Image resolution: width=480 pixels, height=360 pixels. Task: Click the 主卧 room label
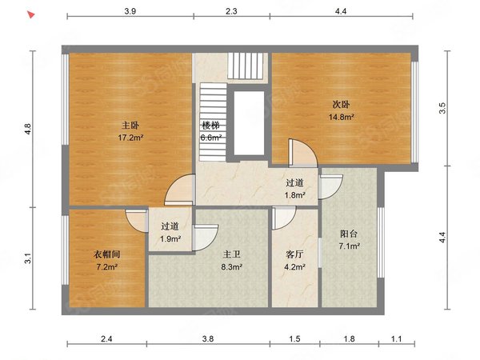coord(130,126)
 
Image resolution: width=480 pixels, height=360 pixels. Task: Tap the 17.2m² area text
coord(130,138)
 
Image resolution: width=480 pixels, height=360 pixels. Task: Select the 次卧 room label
coord(341,105)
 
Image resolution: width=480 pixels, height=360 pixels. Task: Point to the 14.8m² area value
coord(342,117)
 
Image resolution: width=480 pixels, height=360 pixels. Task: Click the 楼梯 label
coord(210,126)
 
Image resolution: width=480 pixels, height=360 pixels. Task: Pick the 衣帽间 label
coord(106,254)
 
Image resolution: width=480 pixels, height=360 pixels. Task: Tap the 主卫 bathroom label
coord(231,254)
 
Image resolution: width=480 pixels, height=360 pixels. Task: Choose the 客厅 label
coord(294,254)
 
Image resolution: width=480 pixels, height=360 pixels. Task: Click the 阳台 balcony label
coord(349,234)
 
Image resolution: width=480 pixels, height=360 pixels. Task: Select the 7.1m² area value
coord(349,246)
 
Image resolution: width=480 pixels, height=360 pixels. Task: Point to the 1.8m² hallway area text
coord(294,194)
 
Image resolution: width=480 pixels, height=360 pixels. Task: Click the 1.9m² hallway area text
coord(170,238)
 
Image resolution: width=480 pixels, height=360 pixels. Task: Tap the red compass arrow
coord(30,14)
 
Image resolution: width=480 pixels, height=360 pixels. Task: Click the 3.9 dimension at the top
coord(130,11)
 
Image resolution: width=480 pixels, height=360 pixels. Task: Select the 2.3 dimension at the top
coord(231,11)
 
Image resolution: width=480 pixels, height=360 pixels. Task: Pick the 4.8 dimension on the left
coord(28,129)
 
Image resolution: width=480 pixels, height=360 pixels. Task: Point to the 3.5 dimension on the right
coord(442,108)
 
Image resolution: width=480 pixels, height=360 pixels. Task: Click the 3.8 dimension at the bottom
coord(208,338)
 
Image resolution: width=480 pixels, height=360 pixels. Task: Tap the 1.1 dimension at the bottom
coord(397,338)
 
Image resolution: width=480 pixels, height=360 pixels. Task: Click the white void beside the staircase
coord(249,123)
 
